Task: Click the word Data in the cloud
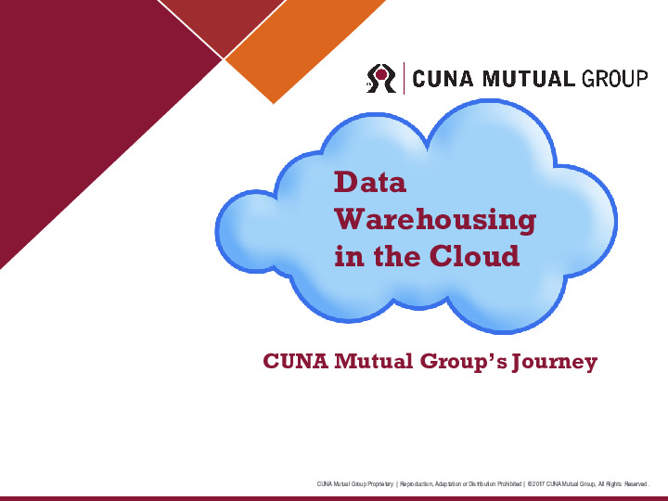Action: [x=370, y=183]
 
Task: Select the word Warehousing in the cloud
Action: [x=435, y=220]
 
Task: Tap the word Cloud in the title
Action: [x=473, y=256]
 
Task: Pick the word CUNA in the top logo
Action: [x=443, y=78]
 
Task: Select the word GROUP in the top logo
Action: [x=614, y=78]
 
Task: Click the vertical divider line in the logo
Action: [x=405, y=77]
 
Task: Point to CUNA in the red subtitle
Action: [x=296, y=361]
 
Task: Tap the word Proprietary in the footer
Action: [x=378, y=484]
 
